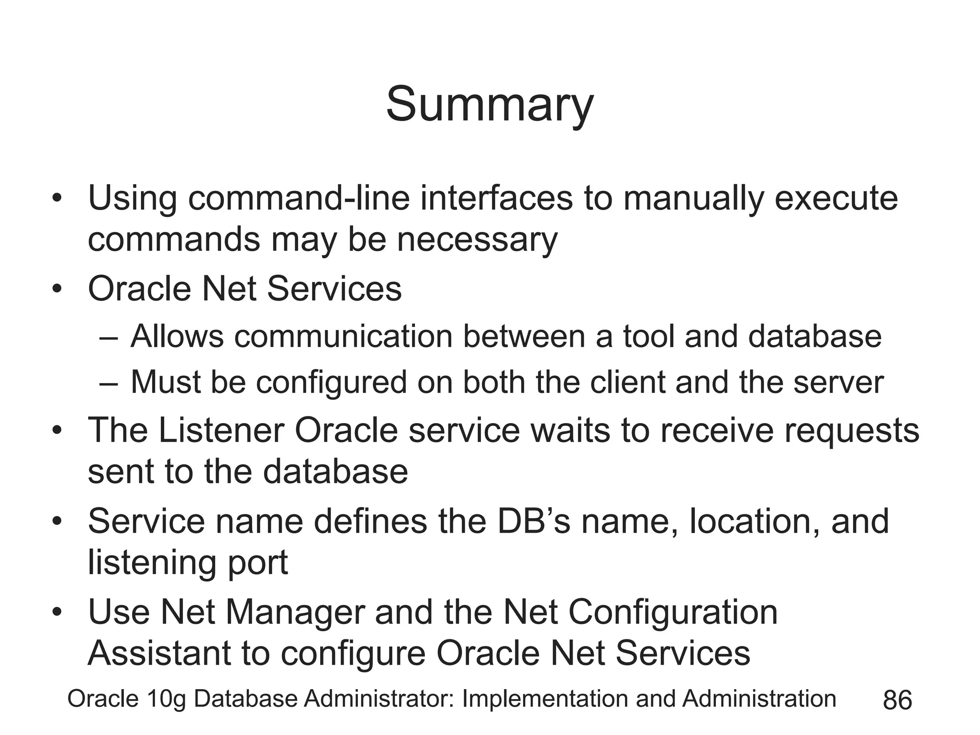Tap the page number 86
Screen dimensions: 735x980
pos(897,701)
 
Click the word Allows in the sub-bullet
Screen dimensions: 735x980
pos(177,336)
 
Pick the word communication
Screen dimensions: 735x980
pos(343,336)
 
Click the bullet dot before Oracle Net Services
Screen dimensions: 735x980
pos(57,289)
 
